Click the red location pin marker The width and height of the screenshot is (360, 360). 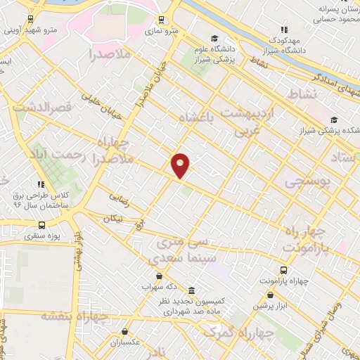[x=181, y=165]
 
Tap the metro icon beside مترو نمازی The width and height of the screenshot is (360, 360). [x=162, y=20]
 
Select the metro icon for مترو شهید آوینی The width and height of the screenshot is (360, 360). [x=29, y=19]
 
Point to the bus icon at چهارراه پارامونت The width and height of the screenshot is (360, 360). [x=283, y=270]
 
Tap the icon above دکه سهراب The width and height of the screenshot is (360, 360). [x=163, y=277]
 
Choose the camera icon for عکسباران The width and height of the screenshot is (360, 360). [x=125, y=331]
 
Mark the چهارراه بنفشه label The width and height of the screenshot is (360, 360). [x=73, y=316]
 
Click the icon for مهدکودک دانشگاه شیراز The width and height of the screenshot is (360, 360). [x=283, y=30]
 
